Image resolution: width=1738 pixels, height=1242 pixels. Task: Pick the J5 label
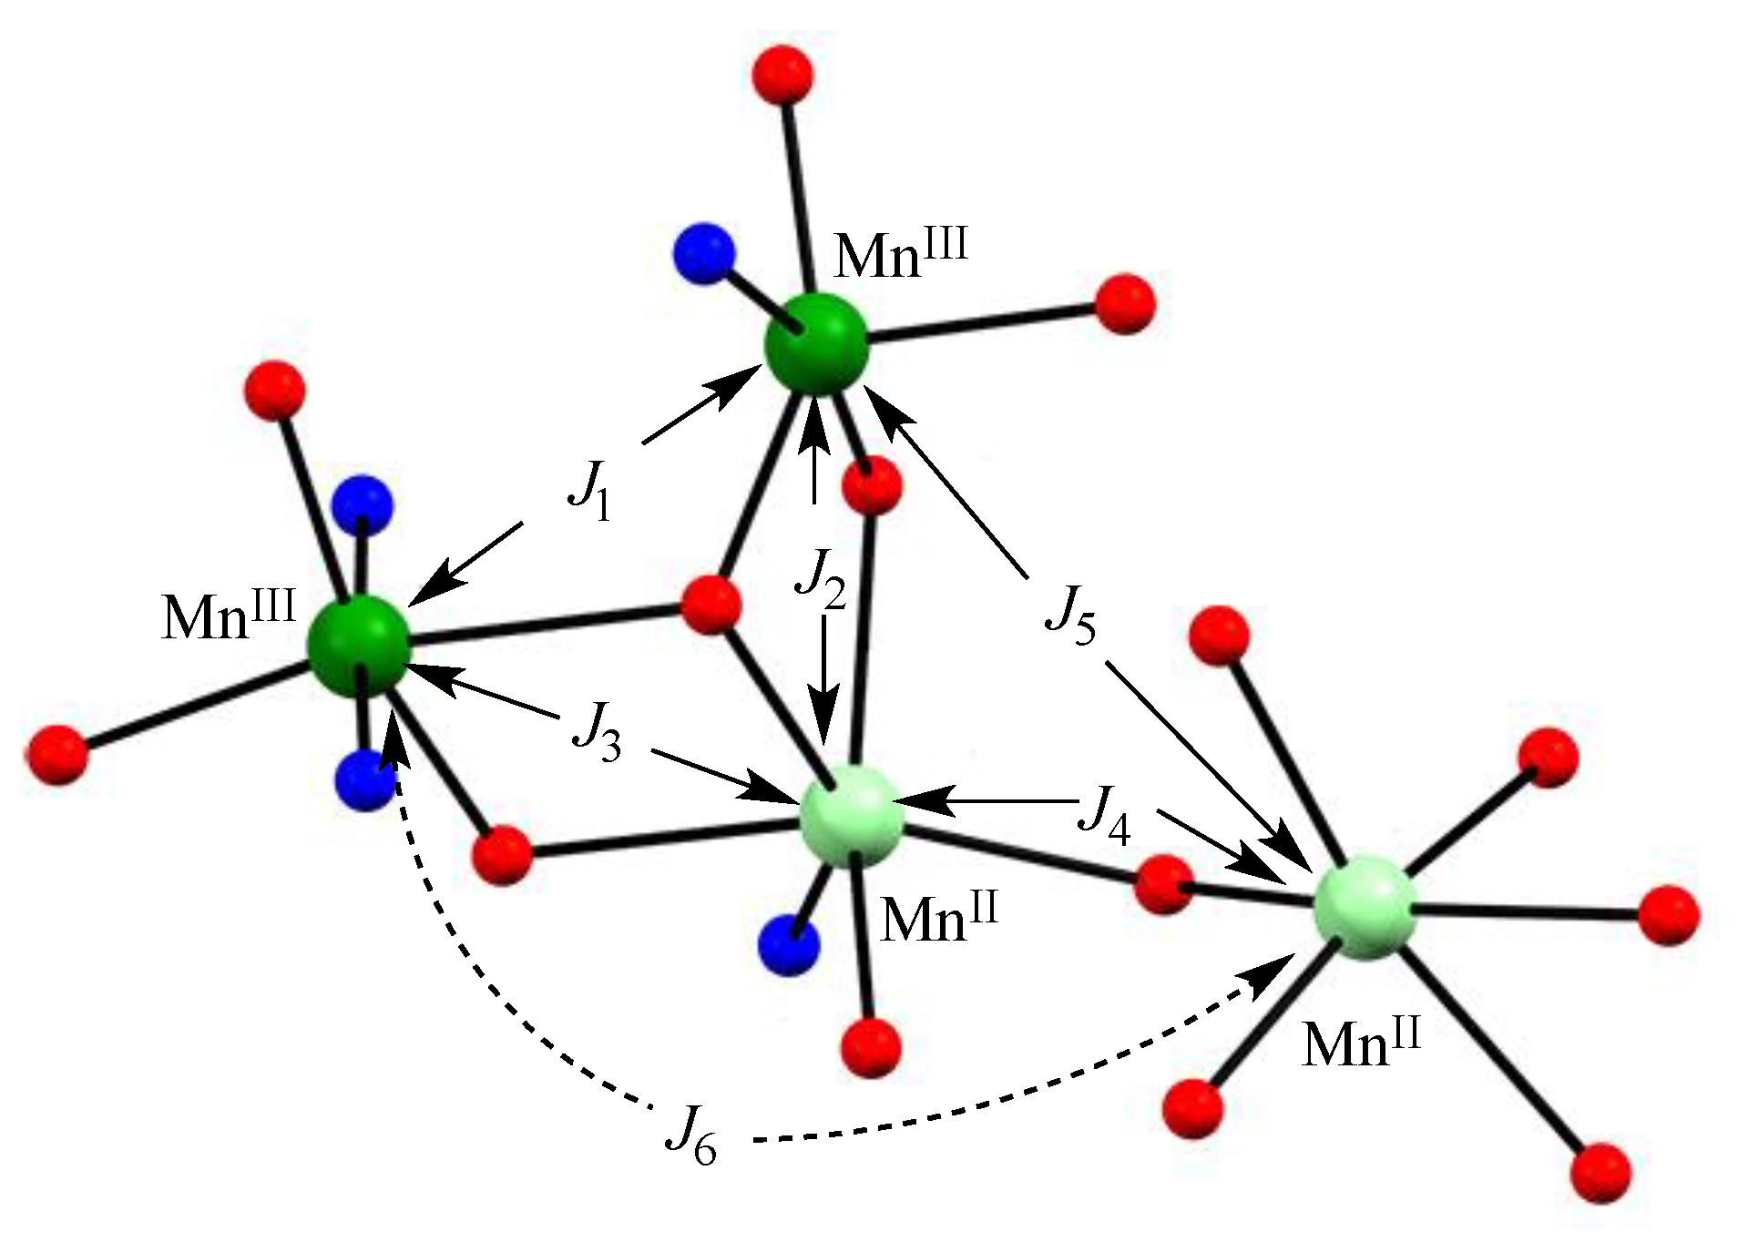1070,614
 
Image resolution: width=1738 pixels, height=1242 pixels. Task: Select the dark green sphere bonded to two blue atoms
358,646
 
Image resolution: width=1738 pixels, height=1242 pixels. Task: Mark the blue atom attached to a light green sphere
788,945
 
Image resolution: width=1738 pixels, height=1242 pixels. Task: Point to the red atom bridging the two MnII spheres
1164,883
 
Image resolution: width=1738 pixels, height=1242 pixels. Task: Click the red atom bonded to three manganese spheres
711,604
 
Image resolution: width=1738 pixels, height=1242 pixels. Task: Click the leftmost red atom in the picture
56,754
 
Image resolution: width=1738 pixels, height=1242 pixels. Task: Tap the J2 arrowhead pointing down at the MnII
824,728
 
